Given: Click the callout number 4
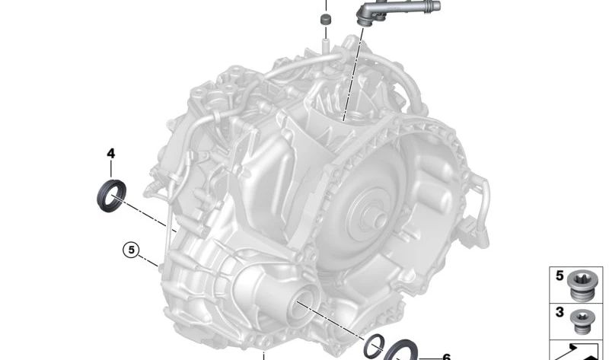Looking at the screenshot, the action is click(110, 154).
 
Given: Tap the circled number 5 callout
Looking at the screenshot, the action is click(131, 250).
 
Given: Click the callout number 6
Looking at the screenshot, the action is click(446, 357).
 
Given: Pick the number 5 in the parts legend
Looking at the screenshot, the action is click(560, 276).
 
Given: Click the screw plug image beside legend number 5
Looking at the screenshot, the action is click(580, 284).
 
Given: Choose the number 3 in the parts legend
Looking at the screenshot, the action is click(560, 312).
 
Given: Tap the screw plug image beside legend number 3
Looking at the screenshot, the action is click(582, 321).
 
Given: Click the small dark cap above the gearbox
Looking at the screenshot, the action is click(326, 20).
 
